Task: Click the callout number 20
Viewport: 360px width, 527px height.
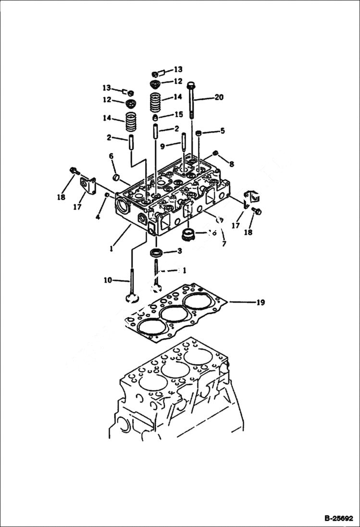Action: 219,98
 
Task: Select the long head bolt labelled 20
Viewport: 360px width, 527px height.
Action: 192,101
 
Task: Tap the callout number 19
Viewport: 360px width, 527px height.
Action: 260,303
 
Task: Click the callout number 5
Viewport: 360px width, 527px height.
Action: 222,131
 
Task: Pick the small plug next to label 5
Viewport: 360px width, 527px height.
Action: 199,133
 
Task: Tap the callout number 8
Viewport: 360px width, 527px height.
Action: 232,164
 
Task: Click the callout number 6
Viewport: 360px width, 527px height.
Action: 111,156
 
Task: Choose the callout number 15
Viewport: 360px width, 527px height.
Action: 179,115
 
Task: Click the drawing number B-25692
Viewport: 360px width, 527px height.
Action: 337,518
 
